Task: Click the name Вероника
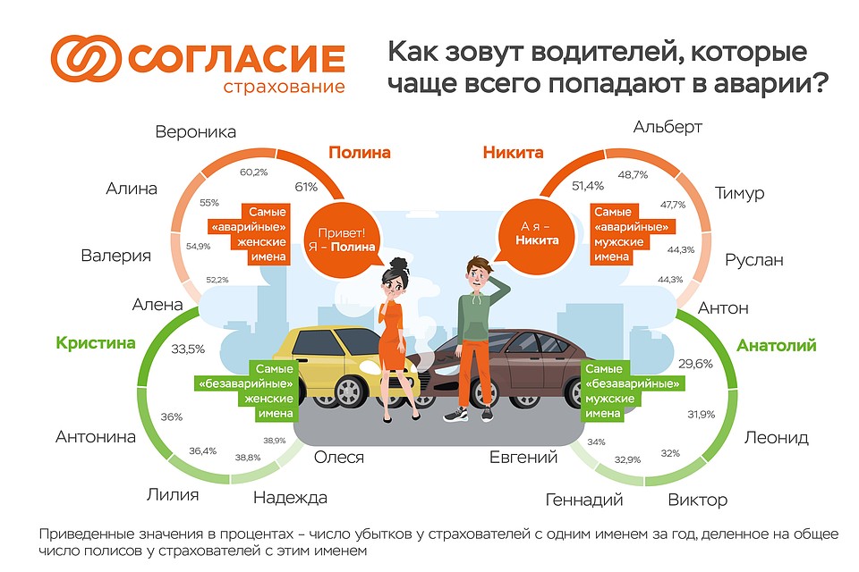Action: click(x=196, y=132)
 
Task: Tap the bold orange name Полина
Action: click(x=360, y=152)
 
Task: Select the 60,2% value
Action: click(x=253, y=172)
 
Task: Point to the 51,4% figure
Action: click(x=588, y=186)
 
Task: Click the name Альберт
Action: click(x=668, y=127)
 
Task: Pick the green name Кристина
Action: click(x=96, y=343)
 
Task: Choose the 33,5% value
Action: click(x=188, y=349)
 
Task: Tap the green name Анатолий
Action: click(x=777, y=345)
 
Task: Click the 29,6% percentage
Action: click(x=695, y=364)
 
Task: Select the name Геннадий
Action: click(x=584, y=500)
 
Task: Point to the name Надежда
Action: click(x=290, y=498)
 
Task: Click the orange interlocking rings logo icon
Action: click(x=86, y=59)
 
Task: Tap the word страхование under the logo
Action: click(x=284, y=87)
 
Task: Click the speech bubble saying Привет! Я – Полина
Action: click(x=342, y=240)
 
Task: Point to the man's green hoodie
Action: click(x=473, y=316)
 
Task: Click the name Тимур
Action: click(x=739, y=194)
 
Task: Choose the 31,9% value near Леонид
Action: click(x=702, y=415)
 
